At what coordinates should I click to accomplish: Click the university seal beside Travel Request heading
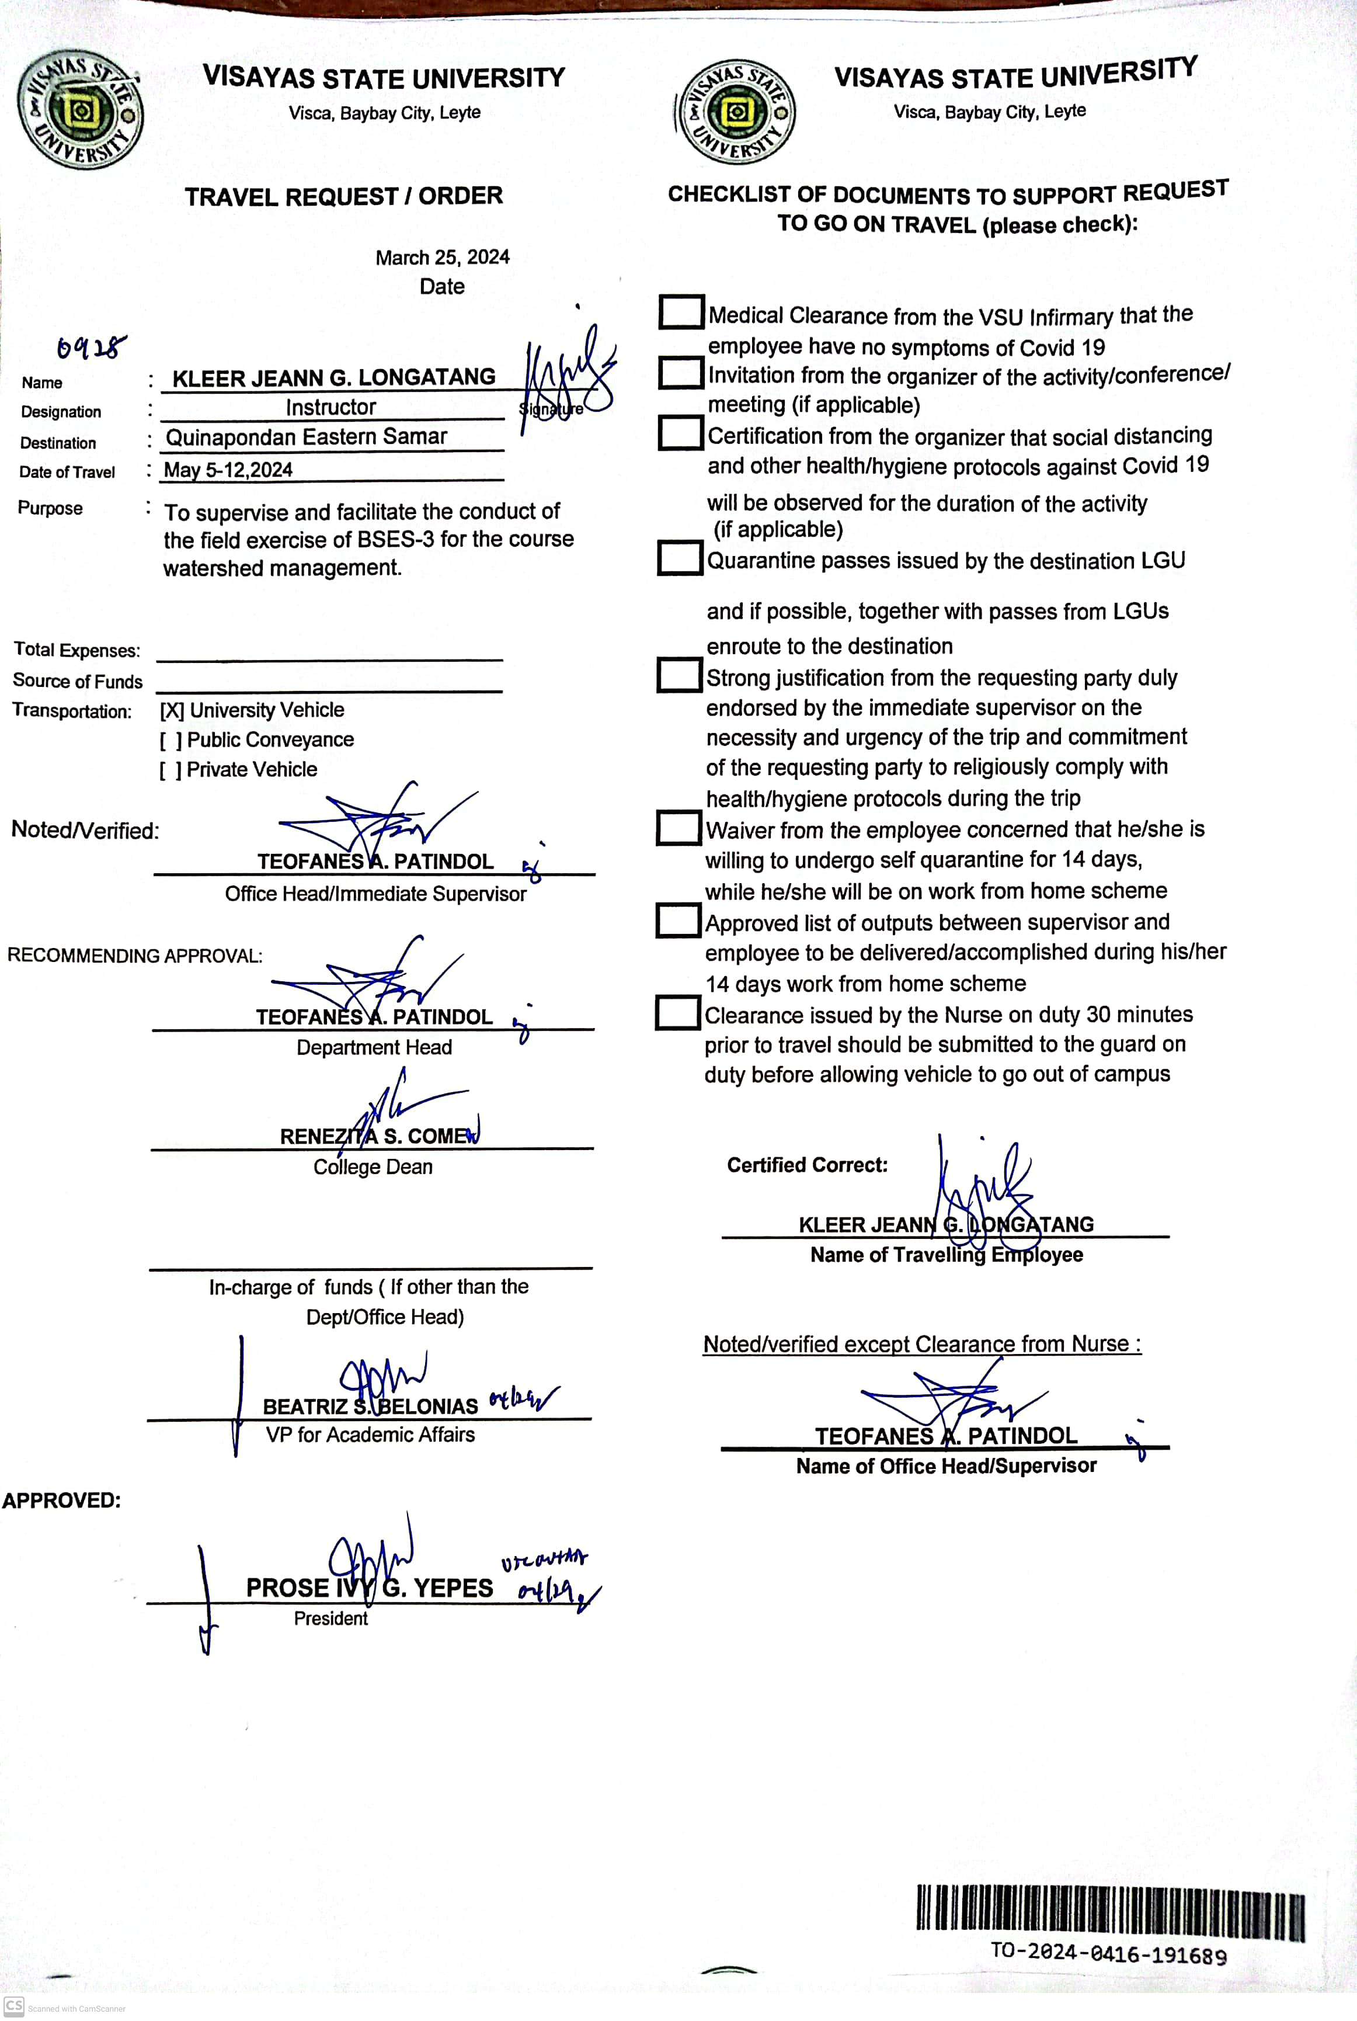(x=81, y=110)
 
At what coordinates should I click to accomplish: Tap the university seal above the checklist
(x=736, y=112)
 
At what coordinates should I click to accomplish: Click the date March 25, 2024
(x=442, y=257)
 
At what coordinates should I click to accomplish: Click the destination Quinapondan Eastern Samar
(x=307, y=437)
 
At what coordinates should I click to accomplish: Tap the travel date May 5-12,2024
(x=228, y=470)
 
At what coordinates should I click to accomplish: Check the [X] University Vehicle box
(x=171, y=711)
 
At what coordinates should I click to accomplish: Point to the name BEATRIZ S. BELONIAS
(x=370, y=1407)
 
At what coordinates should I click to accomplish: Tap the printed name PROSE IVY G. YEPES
(x=370, y=1588)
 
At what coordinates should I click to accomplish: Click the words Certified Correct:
(x=806, y=1165)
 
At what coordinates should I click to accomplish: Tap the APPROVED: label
(x=61, y=1501)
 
